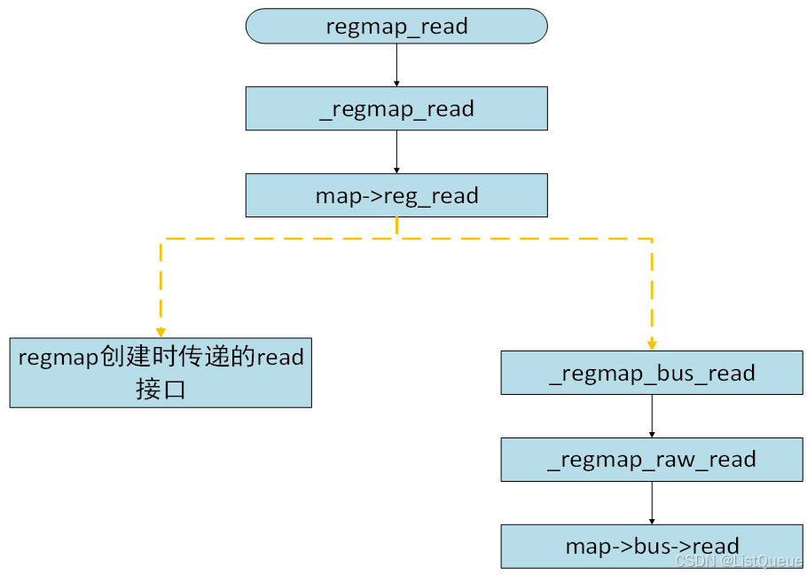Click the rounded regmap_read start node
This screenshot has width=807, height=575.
tap(396, 26)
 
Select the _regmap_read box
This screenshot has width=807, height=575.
tap(396, 109)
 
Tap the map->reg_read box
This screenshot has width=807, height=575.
tap(396, 195)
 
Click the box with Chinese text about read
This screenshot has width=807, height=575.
tap(161, 373)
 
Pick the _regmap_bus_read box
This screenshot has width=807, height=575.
tap(652, 373)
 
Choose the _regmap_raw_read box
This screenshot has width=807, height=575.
tap(652, 459)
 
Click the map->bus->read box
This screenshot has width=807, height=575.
tap(652, 546)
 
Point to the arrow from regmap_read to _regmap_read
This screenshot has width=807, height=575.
tap(396, 65)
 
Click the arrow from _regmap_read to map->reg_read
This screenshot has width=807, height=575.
tap(396, 152)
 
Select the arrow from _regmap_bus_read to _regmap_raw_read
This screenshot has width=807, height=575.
tap(652, 415)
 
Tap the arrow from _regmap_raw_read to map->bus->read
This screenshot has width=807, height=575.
tap(652, 502)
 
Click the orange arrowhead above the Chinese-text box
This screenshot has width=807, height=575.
tap(161, 332)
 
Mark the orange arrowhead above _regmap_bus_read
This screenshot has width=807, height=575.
tap(652, 345)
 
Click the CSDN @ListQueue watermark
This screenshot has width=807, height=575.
tap(738, 561)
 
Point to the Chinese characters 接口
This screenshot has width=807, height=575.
tap(161, 390)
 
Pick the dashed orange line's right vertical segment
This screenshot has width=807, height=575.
tap(652, 288)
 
